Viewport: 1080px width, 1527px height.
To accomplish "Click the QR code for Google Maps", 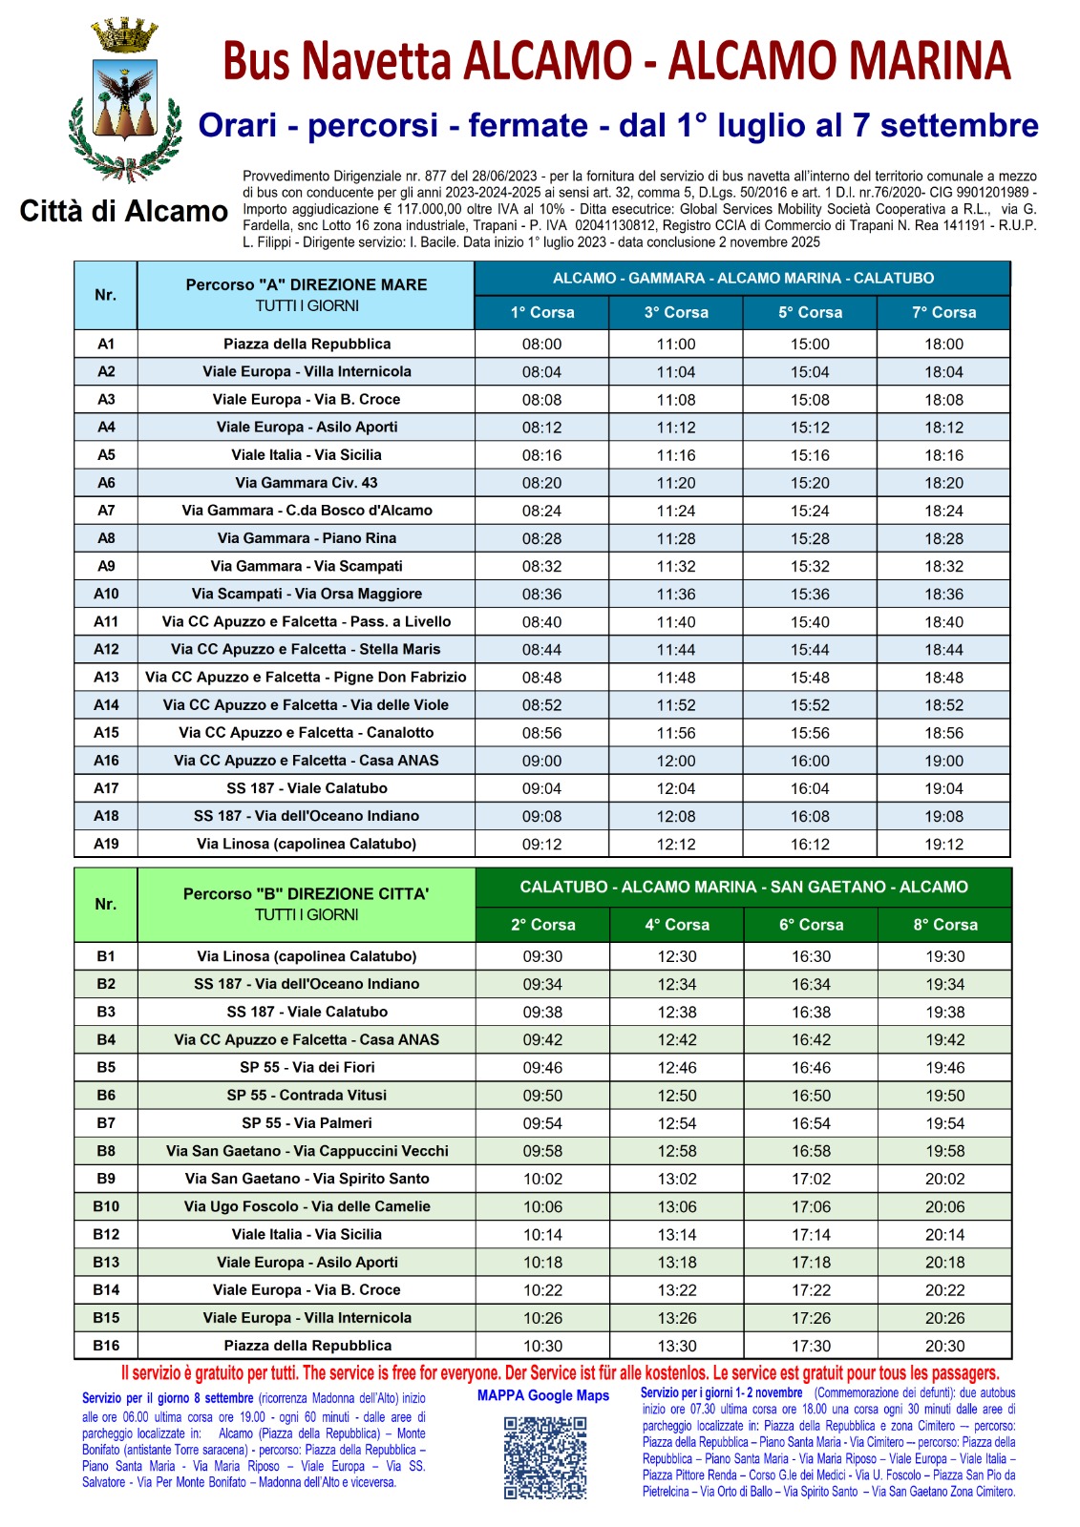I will pos(544,1457).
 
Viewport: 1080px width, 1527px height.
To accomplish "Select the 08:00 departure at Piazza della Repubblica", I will pos(541,345).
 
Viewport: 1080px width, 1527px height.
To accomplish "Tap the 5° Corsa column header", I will pos(810,312).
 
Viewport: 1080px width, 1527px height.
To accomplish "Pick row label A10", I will pos(106,594).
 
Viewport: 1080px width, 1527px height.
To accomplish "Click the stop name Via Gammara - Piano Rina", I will pos(307,538).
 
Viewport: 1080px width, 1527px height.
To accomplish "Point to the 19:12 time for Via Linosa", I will pos(943,845).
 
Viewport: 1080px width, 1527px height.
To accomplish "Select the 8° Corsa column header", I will pos(944,925).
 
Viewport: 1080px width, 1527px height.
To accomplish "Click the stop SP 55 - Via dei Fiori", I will pos(307,1067).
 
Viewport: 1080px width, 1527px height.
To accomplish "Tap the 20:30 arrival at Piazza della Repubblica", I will pos(944,1346).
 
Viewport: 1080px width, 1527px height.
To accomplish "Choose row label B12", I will pos(106,1234).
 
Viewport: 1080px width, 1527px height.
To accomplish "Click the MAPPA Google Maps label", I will pos(542,1395).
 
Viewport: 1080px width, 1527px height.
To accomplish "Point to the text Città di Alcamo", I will pos(123,211).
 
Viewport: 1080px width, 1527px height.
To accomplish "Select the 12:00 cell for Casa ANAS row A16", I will pos(676,762).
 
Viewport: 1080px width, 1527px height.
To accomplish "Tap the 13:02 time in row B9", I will pos(676,1179).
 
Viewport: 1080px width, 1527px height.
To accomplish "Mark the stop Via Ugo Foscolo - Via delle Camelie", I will pos(307,1206).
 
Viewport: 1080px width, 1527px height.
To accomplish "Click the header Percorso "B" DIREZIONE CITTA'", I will pos(306,894).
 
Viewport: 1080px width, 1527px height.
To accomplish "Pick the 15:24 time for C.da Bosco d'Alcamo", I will pos(810,511).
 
